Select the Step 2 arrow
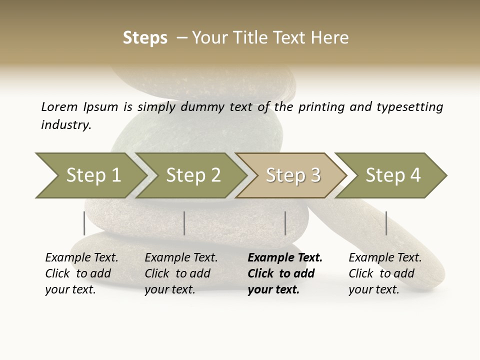193,175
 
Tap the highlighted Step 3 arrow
293,175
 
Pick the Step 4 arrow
393,175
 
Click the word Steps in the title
145,38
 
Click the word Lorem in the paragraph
59,106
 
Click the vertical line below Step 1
84,223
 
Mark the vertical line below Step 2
184,223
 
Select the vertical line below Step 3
285,223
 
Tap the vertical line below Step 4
386,223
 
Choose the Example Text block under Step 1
81,273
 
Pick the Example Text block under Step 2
181,273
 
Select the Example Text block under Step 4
385,273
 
